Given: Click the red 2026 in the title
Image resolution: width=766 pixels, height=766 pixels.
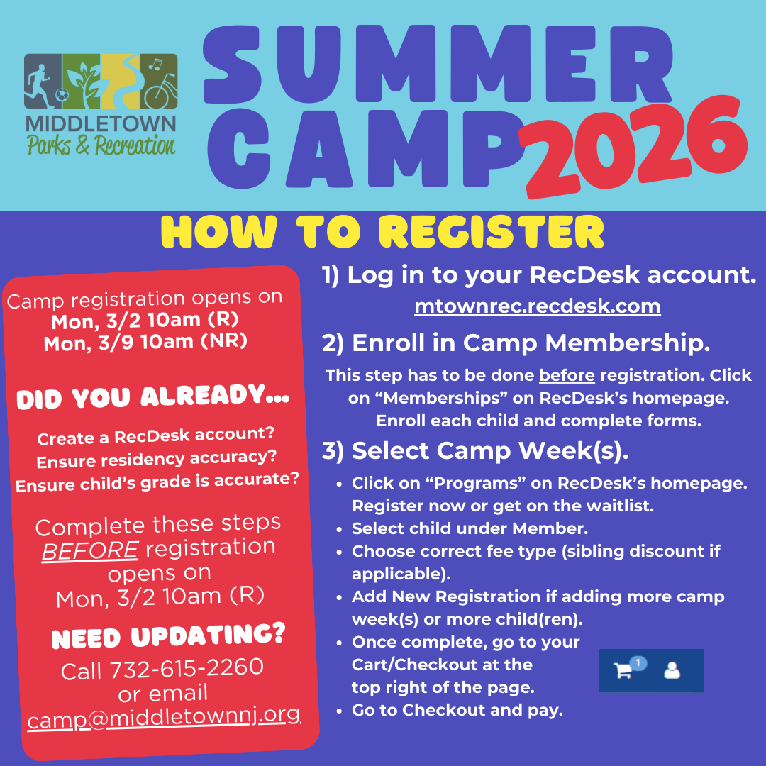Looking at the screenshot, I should [635, 145].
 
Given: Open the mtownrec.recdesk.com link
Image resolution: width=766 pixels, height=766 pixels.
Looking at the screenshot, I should [538, 306].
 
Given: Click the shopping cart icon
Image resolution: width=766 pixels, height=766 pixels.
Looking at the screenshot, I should [623, 670].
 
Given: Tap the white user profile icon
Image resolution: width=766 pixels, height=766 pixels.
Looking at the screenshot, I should [672, 670].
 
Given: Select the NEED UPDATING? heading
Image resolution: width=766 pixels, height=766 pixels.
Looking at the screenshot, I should [168, 636].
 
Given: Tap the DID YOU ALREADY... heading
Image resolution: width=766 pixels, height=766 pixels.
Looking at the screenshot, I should [152, 397].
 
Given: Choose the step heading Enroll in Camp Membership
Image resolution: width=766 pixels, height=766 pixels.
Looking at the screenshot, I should [516, 343].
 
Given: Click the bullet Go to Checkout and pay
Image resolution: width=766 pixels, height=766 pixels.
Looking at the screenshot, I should [457, 710].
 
